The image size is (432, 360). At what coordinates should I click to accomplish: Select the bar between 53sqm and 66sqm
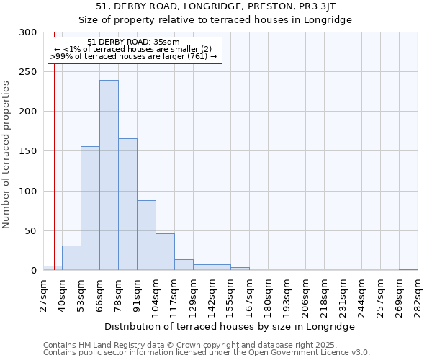[x=90, y=208]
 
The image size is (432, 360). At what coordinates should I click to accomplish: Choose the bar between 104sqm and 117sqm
[x=165, y=251]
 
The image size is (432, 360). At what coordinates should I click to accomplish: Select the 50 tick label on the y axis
[x=30, y=231]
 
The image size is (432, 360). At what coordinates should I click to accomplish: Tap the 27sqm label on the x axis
[x=44, y=293]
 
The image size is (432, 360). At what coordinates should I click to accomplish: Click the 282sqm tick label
[x=418, y=293]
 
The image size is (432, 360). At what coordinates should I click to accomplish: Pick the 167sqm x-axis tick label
[x=250, y=293]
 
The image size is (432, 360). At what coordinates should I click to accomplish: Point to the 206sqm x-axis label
[x=306, y=293]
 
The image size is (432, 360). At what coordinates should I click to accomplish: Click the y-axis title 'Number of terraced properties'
[x=6, y=154]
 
